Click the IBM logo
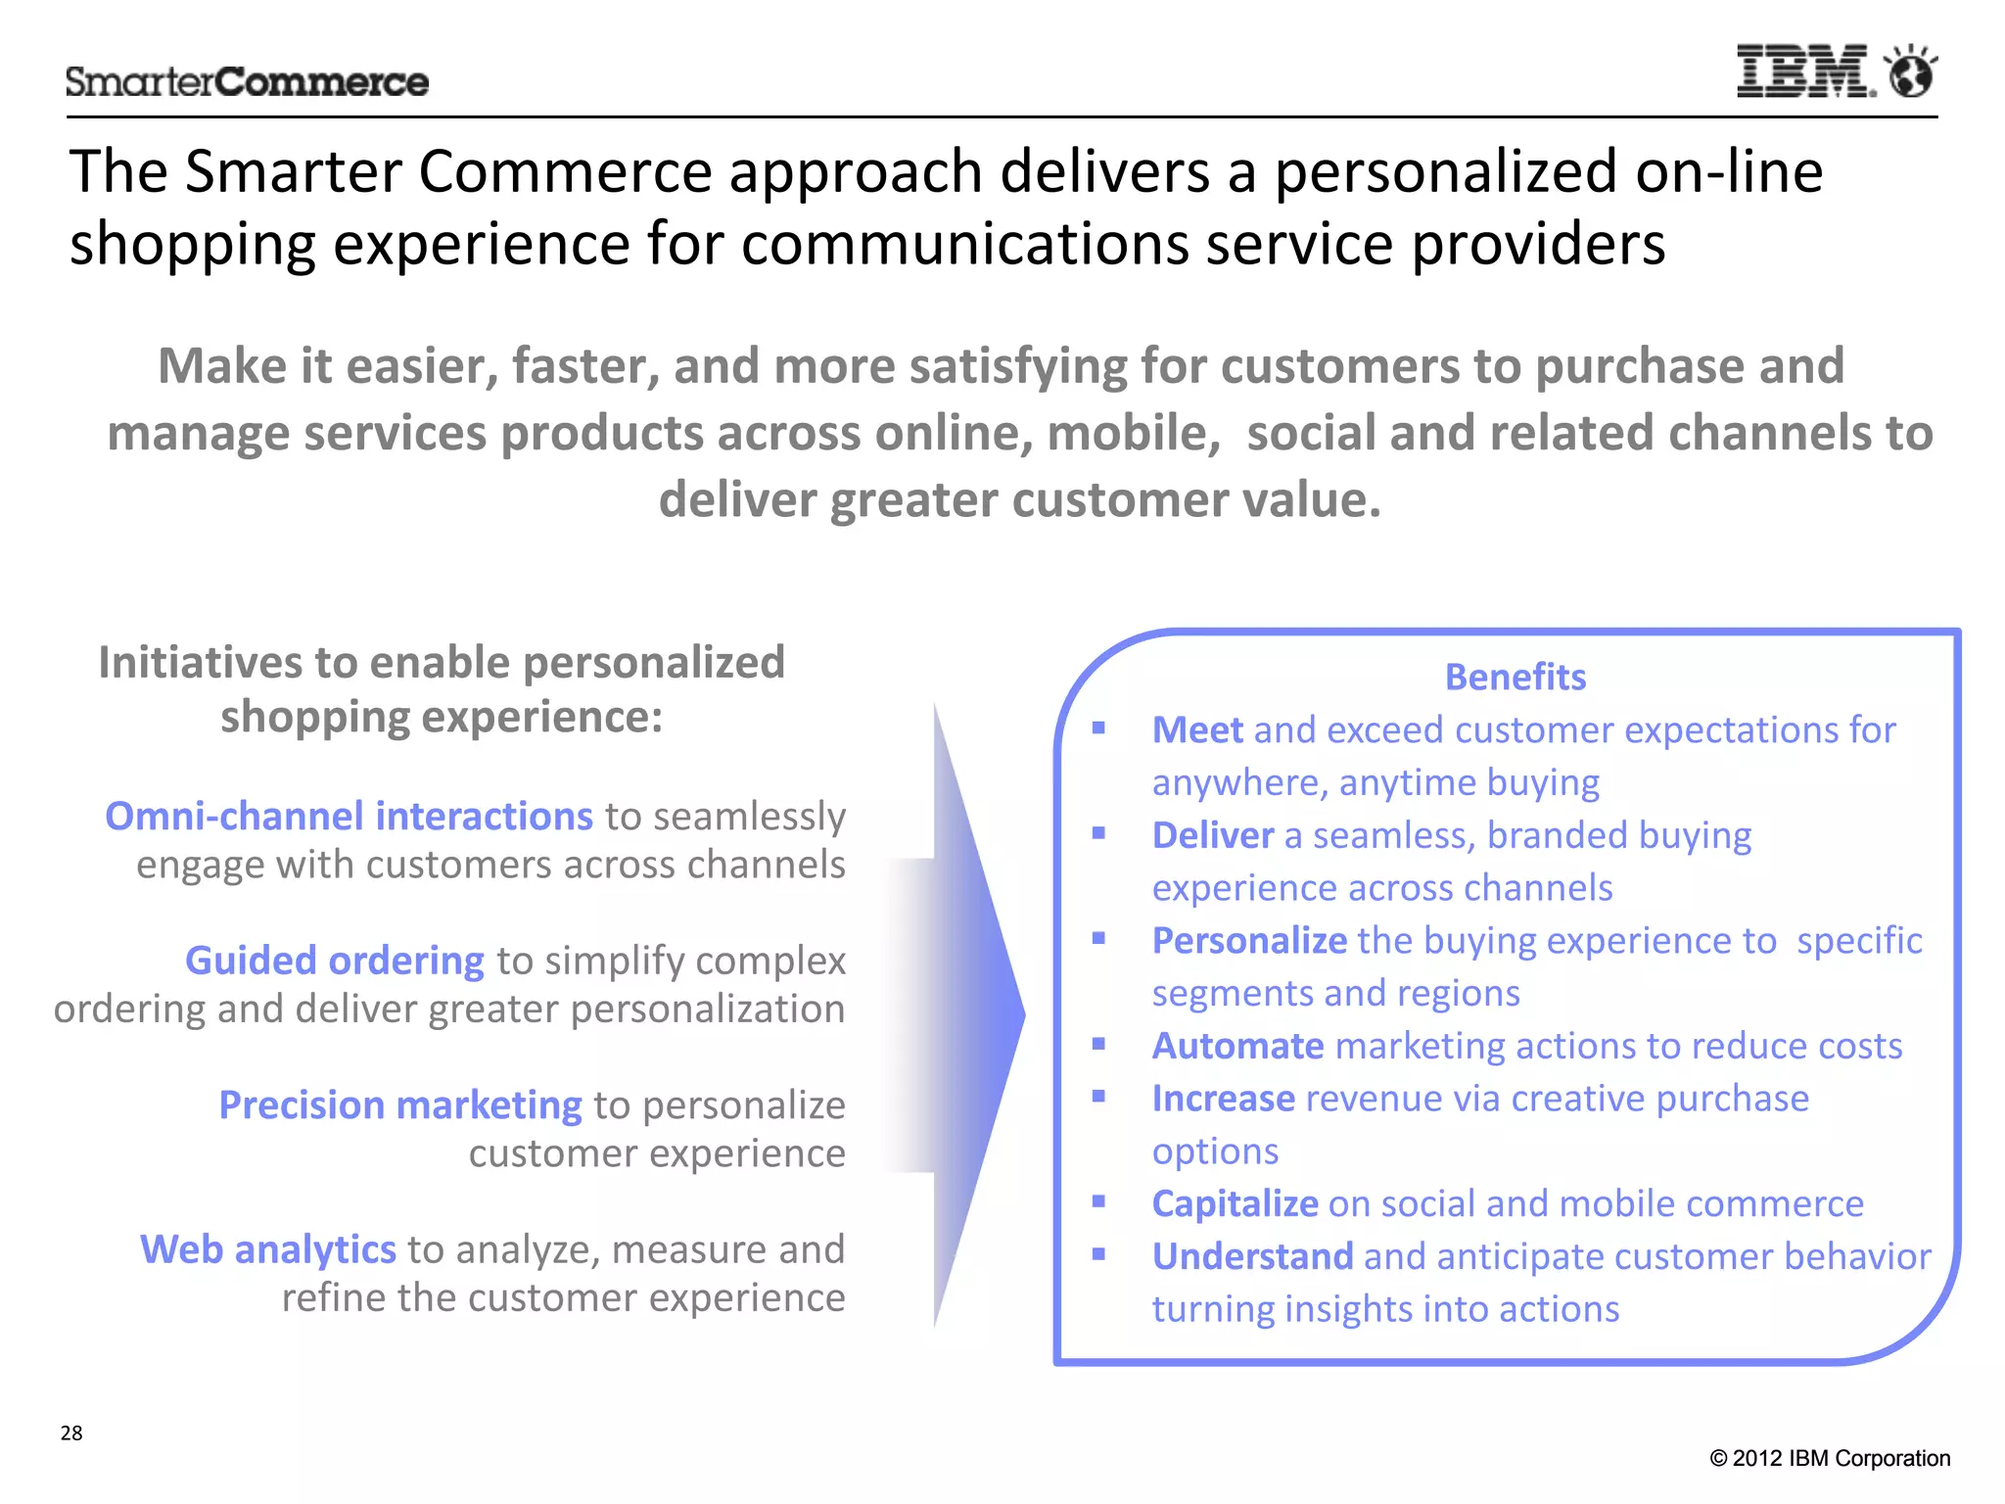point(1804,72)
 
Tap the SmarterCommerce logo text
point(247,82)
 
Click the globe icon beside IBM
point(1911,72)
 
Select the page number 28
point(71,1433)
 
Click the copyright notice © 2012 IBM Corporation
point(1829,1458)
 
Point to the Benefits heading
point(1515,677)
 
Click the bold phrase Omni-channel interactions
point(349,816)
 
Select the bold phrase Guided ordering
point(335,961)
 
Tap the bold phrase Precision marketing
point(400,1104)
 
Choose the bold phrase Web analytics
point(268,1249)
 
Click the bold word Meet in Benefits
point(1197,730)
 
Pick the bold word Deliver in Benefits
point(1213,835)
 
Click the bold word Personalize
point(1249,941)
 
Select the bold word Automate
point(1238,1046)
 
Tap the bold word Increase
point(1224,1099)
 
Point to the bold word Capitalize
point(1235,1203)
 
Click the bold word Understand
point(1252,1256)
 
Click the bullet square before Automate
point(1098,1044)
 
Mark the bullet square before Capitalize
point(1098,1201)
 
